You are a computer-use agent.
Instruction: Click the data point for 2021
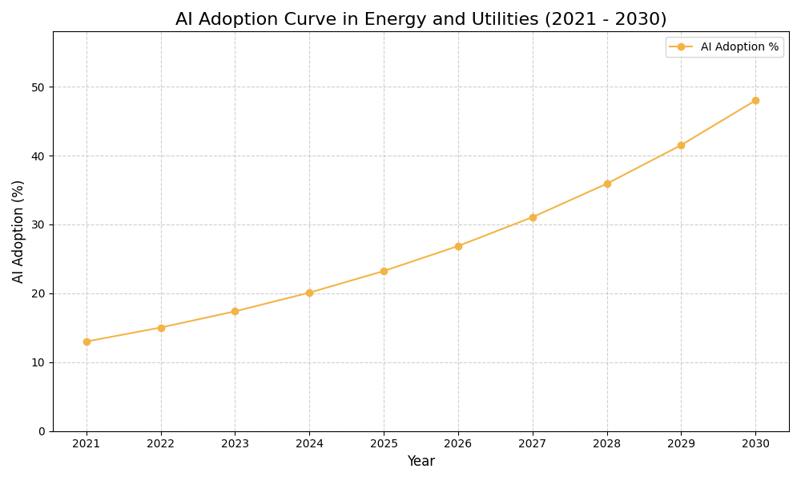[x=87, y=342]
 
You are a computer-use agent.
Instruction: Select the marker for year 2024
[x=309, y=293]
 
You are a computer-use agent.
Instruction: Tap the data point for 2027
[x=533, y=217]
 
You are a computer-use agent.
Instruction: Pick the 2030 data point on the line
[x=755, y=100]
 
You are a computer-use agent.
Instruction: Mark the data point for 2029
[x=681, y=145]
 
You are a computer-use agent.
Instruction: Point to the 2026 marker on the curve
[x=458, y=246]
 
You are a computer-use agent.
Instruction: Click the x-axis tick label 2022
[x=161, y=443]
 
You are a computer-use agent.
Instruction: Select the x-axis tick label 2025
[x=384, y=443]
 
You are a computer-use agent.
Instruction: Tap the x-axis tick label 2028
[x=607, y=443]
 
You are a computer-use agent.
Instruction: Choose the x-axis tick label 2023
[x=235, y=443]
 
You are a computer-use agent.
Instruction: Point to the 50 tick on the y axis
[x=38, y=87]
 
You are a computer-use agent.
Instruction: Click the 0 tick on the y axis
[x=42, y=431]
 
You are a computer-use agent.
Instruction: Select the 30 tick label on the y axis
[x=38, y=224]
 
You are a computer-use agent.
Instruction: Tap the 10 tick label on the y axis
[x=38, y=362]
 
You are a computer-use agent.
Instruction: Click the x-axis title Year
[x=421, y=462]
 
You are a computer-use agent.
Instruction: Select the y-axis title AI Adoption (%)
[x=18, y=231]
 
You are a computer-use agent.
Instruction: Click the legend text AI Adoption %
[x=739, y=47]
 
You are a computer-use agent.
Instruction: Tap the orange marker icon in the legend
[x=681, y=47]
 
